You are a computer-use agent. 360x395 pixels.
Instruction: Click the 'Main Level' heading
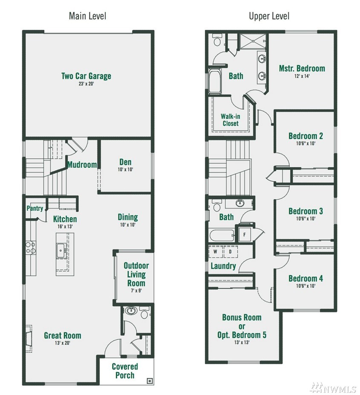coord(87,16)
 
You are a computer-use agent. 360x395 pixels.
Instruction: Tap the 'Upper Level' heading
coord(269,16)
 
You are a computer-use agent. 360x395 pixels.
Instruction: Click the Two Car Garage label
coord(86,76)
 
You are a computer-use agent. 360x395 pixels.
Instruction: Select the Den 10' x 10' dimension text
coord(125,169)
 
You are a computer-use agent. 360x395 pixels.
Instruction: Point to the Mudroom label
coord(82,165)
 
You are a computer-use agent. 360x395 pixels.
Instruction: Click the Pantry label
coord(35,208)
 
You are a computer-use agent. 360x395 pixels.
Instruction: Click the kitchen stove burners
coord(31,247)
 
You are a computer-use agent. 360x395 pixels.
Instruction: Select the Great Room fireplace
coord(29,338)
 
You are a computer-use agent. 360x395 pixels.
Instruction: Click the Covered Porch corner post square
coord(149,381)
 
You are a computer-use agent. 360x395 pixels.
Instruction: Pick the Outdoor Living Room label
coord(136,275)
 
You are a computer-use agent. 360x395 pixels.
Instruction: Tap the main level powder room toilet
coord(144,313)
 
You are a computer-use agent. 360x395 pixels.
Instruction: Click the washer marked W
coord(215,252)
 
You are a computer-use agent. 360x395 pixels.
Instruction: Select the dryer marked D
coord(230,252)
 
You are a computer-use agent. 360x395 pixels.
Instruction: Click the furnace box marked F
coord(244,235)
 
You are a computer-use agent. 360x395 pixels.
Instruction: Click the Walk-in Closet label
coord(230,120)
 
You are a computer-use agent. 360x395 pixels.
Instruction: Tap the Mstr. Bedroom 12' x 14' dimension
coord(302,76)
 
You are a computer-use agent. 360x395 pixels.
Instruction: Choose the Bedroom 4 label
coord(305,279)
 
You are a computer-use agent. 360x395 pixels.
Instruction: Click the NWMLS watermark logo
coord(333,388)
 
